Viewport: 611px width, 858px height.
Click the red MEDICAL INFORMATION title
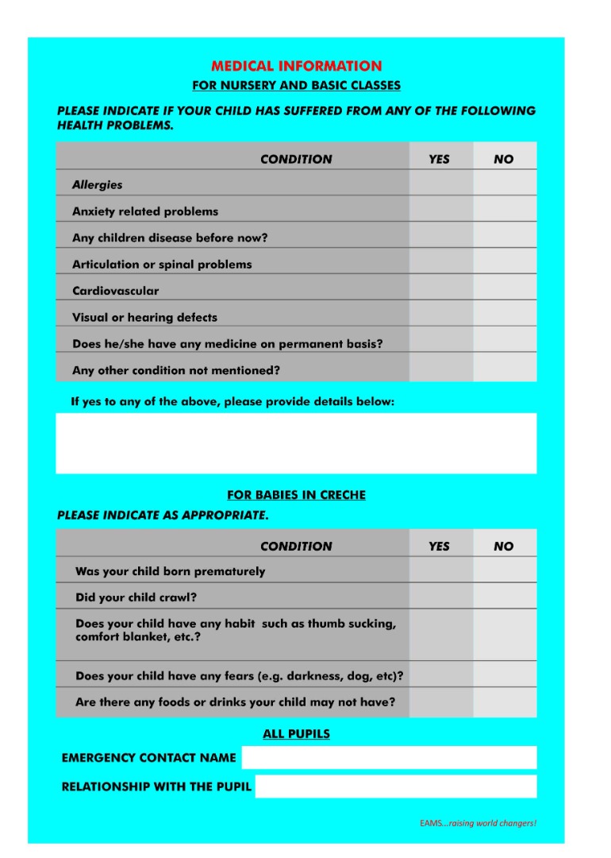click(296, 67)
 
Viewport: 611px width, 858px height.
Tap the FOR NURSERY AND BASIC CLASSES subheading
click(296, 86)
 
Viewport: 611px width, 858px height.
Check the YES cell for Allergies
click(440, 184)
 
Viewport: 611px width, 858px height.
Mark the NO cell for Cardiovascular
click(505, 290)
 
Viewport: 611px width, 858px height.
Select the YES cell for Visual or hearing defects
click(440, 316)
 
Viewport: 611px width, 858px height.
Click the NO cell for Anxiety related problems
click(505, 211)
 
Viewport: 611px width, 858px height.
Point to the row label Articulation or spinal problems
click(162, 264)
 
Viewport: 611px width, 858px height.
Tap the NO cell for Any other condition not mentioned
click(505, 369)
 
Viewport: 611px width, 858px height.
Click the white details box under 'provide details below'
click(296, 443)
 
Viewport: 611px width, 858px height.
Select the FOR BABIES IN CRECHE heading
click(296, 495)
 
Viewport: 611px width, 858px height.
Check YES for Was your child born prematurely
click(440, 570)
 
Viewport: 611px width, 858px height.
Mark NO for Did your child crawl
click(505, 597)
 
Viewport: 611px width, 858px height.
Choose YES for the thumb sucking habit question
click(440, 635)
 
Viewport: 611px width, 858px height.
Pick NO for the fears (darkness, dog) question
click(505, 675)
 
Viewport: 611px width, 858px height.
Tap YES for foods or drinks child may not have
click(440, 702)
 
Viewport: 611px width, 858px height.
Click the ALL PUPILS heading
click(296, 734)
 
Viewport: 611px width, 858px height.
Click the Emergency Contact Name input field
click(389, 757)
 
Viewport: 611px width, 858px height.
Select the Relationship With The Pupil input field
click(395, 786)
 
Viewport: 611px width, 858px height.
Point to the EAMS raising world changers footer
click(478, 823)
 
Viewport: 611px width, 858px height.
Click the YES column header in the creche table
click(439, 546)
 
